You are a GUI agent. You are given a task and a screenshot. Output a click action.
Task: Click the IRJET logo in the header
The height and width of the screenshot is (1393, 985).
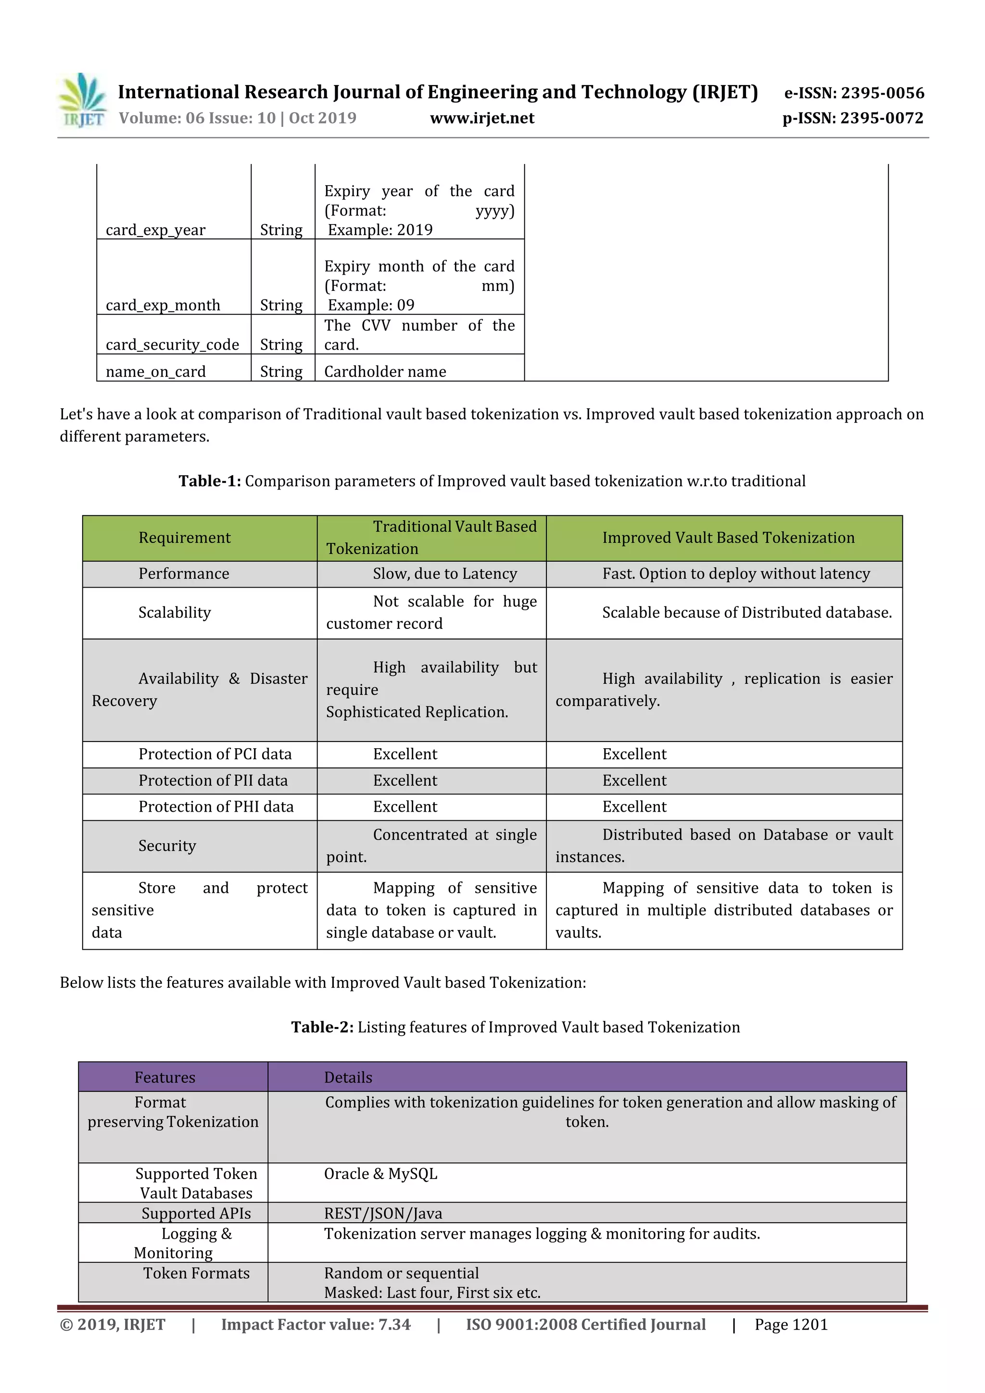82,100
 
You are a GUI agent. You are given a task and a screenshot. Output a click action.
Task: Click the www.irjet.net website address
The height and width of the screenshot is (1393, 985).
482,118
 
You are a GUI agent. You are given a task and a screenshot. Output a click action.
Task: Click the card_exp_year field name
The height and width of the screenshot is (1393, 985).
155,230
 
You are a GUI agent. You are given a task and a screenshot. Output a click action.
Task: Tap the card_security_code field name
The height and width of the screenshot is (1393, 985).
172,345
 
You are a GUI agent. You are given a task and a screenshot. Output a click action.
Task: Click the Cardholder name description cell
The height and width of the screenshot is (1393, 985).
385,371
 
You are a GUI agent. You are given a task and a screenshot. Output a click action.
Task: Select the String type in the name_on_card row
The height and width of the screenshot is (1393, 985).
281,371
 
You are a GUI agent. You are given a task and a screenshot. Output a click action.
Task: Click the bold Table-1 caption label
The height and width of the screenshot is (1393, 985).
209,481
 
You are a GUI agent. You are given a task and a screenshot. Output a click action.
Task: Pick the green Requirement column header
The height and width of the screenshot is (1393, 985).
185,538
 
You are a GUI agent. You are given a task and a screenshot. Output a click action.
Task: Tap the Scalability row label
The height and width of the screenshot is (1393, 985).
175,612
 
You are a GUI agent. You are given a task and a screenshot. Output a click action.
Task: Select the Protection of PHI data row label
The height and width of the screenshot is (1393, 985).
216,806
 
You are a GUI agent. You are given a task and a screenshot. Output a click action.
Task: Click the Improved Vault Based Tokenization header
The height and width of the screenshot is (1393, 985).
728,538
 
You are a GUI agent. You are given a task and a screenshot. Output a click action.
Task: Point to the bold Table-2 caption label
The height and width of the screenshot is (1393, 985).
322,1027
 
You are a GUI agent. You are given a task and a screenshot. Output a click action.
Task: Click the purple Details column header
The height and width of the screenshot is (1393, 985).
348,1078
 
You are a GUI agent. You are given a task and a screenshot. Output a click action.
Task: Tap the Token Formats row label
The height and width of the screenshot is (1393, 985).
196,1273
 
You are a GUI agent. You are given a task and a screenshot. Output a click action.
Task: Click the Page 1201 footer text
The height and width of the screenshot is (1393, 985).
791,1324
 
